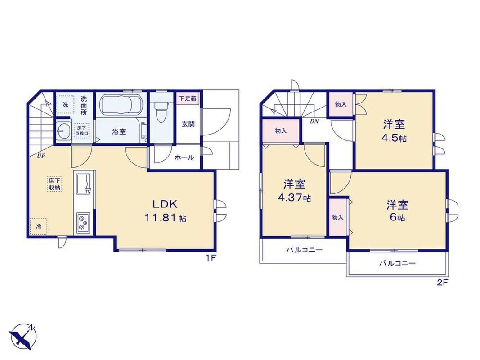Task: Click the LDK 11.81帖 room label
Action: point(165,211)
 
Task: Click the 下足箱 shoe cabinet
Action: point(188,99)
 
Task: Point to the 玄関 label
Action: point(188,124)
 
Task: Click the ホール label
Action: point(184,157)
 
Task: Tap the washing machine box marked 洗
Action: point(65,105)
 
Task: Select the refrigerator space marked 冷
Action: point(39,227)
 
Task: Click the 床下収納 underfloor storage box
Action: point(54,184)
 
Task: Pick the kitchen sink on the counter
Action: point(83,184)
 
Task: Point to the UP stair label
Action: point(41,156)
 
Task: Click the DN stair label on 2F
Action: point(314,121)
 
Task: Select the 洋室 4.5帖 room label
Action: point(394,131)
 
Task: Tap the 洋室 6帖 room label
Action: point(397,211)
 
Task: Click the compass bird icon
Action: point(23,337)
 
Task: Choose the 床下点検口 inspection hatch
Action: point(81,130)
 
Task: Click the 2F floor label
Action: point(442,283)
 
